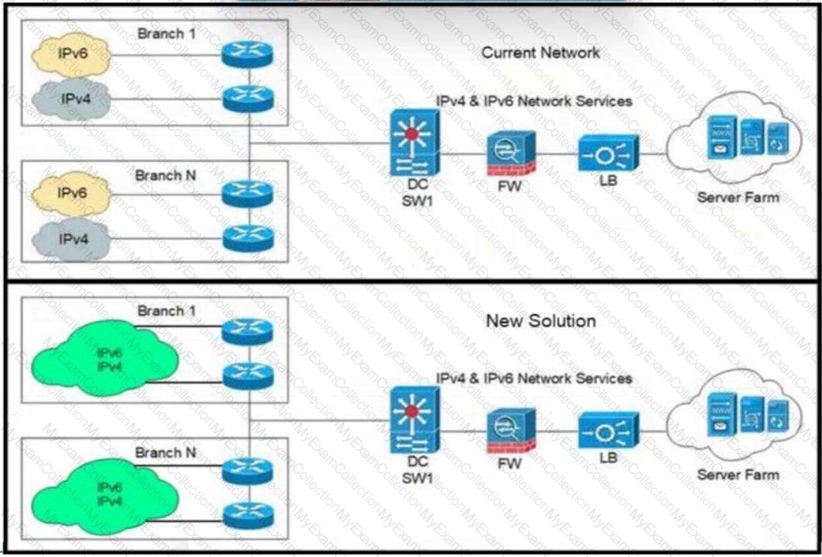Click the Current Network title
coord(540,53)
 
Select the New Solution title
coord(540,321)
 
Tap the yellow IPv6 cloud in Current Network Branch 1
coord(71,54)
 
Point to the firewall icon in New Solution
coord(511,431)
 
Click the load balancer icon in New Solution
coord(608,431)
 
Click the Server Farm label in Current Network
coord(738,197)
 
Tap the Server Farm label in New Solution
coord(738,474)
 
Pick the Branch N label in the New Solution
coord(165,453)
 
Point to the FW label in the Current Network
coord(509,186)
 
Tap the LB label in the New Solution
coord(608,457)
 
